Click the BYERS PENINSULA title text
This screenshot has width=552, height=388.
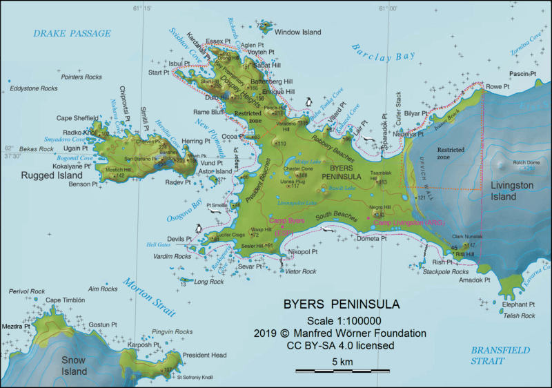[x=341, y=304]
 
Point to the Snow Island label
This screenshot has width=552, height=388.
[x=75, y=366]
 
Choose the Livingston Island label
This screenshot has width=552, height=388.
[x=513, y=191]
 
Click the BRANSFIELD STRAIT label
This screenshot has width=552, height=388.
[x=501, y=356]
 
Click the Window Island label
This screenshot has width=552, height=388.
[x=298, y=32]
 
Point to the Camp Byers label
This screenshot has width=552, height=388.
[x=286, y=221]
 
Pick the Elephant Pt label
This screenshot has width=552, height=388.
[x=518, y=304]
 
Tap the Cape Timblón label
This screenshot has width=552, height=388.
[x=66, y=300]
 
